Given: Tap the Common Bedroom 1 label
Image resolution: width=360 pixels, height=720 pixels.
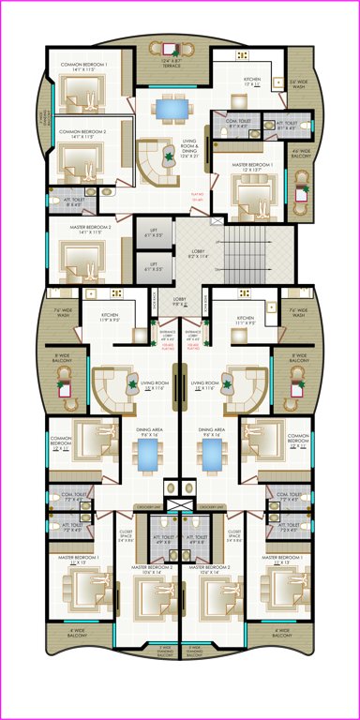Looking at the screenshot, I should (83, 67).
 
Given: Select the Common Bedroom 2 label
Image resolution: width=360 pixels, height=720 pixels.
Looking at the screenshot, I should (83, 134).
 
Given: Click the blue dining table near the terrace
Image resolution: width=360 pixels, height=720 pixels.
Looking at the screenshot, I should (172, 109).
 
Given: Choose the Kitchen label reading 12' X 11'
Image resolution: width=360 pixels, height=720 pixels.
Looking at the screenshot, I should (252, 82).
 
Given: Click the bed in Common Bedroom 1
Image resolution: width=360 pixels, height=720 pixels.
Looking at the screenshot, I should (88, 92).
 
